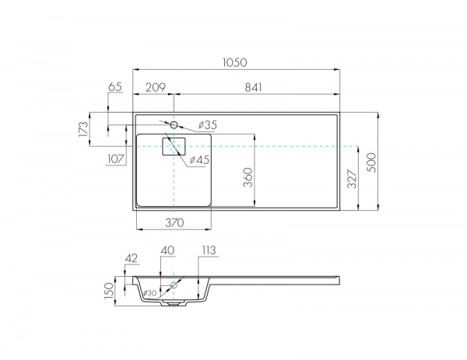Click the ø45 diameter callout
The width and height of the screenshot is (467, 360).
point(200,159)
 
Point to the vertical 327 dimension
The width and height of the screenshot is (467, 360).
point(352,180)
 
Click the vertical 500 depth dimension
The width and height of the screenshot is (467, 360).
point(371,161)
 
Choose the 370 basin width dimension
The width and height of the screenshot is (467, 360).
point(174,222)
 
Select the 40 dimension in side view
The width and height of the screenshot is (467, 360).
point(166,250)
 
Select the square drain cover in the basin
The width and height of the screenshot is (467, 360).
point(174,146)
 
